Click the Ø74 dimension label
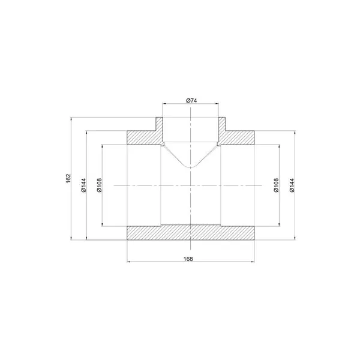click(x=191, y=101)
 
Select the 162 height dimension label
click(x=68, y=178)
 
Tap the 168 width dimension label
click(x=188, y=259)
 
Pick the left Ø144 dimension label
click(x=83, y=185)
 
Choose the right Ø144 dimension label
click(x=292, y=185)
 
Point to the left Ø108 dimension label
click(x=99, y=185)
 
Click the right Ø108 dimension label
click(x=276, y=185)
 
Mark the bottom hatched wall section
click(x=191, y=233)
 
